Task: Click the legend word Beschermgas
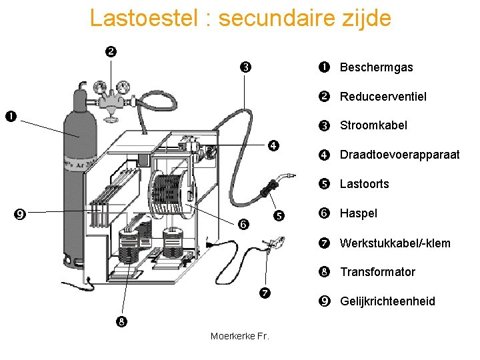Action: pos(376,67)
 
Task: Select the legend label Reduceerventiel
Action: pos(383,97)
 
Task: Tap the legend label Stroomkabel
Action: pos(373,125)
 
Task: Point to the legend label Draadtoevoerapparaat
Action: pos(399,155)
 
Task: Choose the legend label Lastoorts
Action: pos(364,184)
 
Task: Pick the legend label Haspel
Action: pos(358,213)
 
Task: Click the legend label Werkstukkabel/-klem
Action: pos(395,243)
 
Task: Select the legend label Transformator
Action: pos(377,272)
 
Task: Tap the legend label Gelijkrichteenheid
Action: pos(387,301)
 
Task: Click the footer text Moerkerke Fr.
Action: pos(239,336)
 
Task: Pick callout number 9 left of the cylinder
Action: pos(20,214)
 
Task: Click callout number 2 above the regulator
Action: pos(111,51)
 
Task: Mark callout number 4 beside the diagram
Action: pos(273,146)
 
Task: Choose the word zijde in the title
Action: pos(365,18)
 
